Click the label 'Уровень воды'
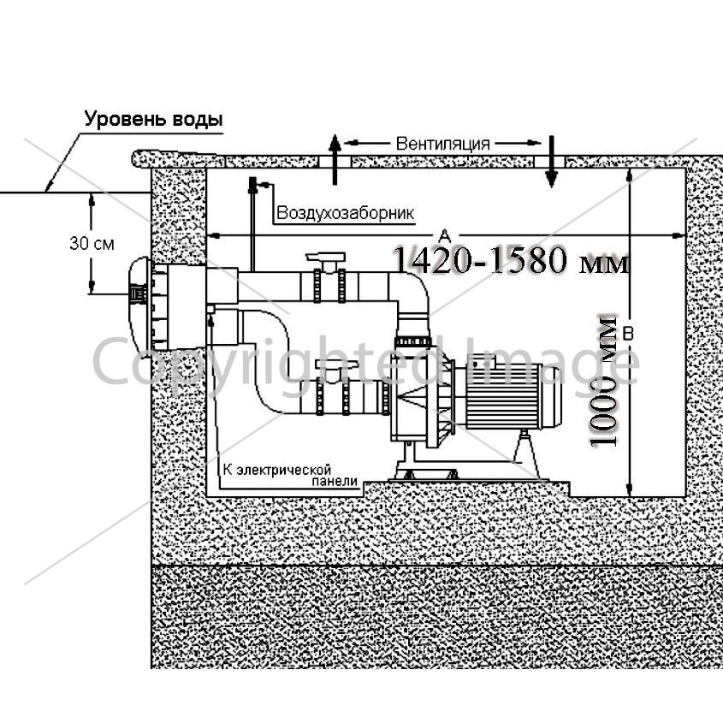pos(153,119)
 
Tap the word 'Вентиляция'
pos(442,144)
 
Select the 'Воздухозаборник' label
pos(346,213)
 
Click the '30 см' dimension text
pos(92,244)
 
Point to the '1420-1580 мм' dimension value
pos(512,260)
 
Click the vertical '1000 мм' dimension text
pos(602,381)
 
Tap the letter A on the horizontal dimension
pos(444,235)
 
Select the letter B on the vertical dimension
pos(628,333)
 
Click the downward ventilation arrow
pos(552,162)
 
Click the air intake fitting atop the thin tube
pos(252,185)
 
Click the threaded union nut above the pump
pos(413,341)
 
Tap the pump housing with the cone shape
pos(419,396)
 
